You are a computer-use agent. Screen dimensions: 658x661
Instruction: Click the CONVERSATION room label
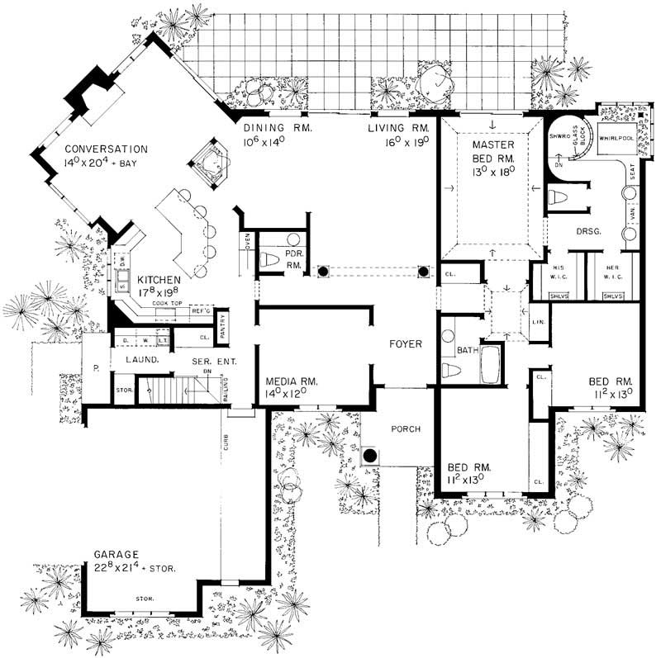tap(106, 149)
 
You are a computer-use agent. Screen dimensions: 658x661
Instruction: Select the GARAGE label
tap(116, 556)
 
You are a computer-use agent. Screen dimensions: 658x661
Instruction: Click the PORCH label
tap(406, 428)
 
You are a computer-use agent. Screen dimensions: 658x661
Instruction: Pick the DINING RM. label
tap(274, 128)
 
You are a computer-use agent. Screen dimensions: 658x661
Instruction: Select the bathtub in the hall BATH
tap(490, 366)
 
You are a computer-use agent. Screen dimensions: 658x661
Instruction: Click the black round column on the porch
tap(371, 456)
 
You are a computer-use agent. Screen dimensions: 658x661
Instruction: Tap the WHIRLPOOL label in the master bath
tap(616, 139)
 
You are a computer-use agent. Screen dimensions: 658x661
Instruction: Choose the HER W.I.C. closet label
tap(612, 271)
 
